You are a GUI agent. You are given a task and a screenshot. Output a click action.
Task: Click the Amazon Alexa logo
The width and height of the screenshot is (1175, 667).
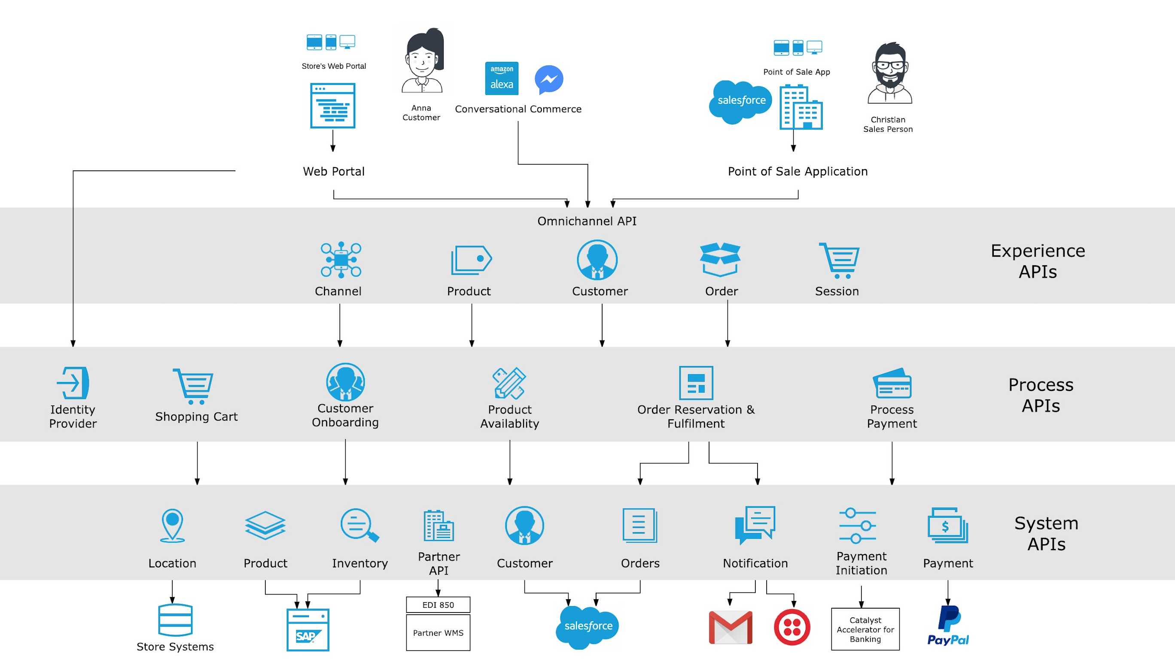point(501,79)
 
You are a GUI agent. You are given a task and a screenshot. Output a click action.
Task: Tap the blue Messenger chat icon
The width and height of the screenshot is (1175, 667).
point(548,79)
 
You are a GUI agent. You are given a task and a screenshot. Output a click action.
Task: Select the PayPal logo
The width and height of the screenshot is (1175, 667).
point(948,625)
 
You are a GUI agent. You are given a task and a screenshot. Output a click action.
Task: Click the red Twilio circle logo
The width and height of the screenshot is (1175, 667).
point(791,627)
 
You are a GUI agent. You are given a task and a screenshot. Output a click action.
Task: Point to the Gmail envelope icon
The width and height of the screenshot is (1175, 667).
point(730,627)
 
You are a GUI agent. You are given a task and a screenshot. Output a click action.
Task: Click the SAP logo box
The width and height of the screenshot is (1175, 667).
point(307,630)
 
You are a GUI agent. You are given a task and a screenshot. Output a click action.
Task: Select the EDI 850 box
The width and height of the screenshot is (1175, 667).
point(438,605)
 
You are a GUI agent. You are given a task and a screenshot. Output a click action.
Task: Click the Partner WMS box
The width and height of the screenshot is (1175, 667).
point(438,633)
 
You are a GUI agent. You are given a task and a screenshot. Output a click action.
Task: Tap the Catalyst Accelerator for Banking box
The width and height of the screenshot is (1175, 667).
point(865,629)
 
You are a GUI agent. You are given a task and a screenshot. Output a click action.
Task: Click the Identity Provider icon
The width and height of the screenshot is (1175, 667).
point(73,382)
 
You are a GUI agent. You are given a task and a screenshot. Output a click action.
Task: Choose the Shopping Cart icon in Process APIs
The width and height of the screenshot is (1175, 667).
point(194,386)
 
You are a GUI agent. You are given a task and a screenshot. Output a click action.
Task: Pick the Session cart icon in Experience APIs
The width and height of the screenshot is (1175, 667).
point(839,260)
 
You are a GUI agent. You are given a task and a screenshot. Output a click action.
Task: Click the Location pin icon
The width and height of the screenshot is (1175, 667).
point(172,525)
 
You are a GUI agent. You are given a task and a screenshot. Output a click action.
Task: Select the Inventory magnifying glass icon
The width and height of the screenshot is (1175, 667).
point(359,525)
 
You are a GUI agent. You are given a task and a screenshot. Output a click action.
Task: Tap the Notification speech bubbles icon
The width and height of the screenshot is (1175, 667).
point(755,525)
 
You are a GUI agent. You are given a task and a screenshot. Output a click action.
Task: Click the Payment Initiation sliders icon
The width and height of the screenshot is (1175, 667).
point(857,525)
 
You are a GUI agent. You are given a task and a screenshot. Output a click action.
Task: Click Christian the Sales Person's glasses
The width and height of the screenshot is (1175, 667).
point(889,66)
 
